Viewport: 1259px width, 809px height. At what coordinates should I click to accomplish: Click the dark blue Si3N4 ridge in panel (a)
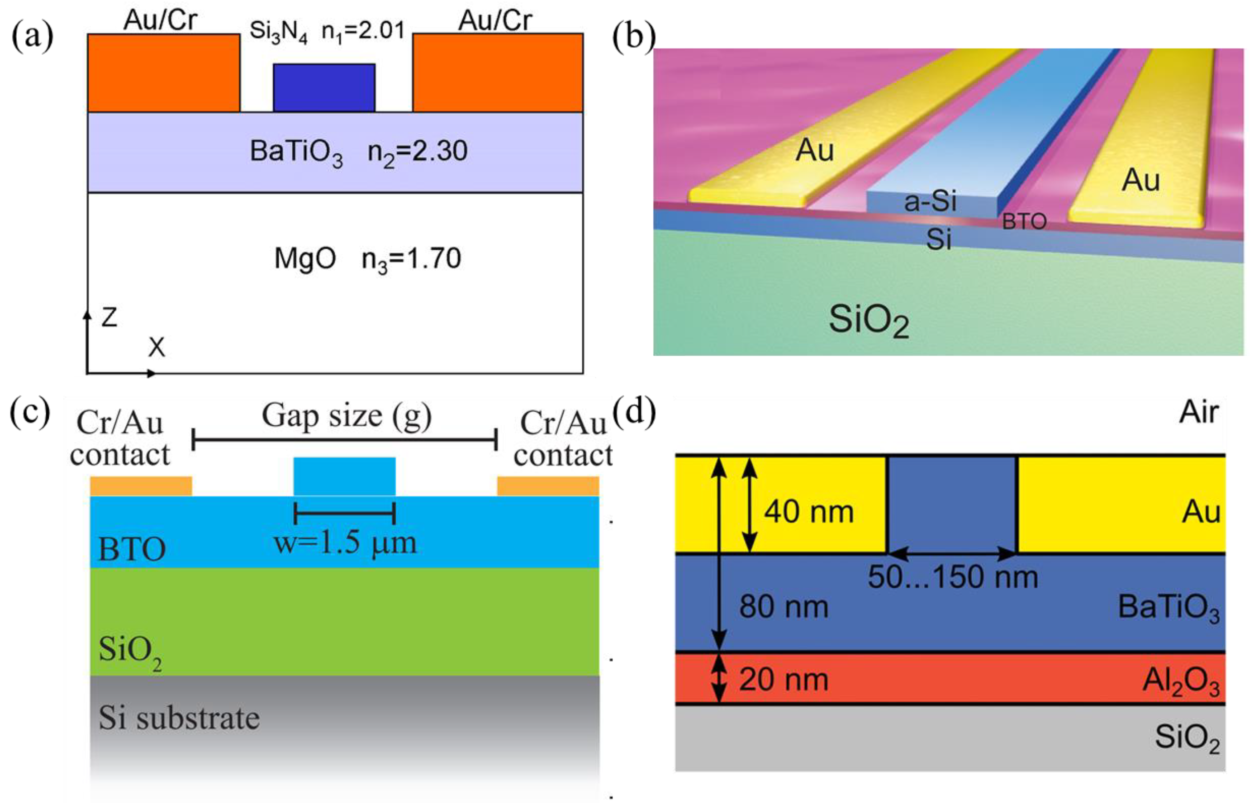324,87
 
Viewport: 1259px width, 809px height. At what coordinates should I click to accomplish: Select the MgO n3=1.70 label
367,259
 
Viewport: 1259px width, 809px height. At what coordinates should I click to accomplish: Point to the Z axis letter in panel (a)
109,317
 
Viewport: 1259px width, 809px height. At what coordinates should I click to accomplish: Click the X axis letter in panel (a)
156,347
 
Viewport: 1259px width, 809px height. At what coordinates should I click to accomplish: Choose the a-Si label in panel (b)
930,201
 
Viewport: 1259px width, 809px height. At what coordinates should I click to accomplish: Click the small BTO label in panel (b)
1024,222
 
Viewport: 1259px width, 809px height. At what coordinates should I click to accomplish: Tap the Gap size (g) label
347,416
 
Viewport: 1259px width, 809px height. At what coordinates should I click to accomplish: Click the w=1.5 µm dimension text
345,543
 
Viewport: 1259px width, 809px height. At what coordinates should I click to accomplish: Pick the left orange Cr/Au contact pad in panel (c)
141,486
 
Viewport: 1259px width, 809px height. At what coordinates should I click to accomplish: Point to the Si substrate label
179,718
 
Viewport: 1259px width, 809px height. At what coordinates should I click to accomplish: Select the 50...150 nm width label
953,577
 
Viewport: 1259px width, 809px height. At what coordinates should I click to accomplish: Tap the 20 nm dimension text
784,679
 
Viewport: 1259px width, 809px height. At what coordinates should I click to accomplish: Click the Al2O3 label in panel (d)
1180,681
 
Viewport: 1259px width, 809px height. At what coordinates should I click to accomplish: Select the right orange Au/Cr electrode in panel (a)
497,72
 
